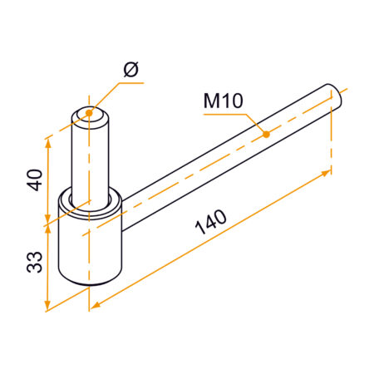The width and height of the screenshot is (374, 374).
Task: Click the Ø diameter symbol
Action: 130,71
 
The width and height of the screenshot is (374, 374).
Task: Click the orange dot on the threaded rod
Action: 266,134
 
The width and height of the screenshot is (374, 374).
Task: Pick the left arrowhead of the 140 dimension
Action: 94,304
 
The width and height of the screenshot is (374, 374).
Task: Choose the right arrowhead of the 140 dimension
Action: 327,172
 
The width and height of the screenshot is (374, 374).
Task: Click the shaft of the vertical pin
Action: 90,158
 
